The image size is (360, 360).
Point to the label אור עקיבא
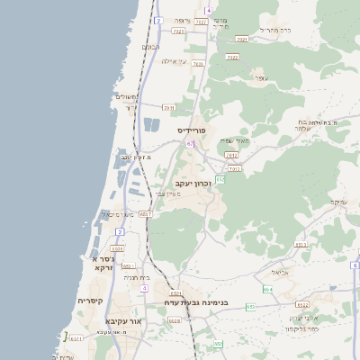coord(123,320)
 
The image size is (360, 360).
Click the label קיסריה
coord(90,301)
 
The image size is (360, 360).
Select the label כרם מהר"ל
coord(274,30)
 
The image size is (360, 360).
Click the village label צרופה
coord(182,20)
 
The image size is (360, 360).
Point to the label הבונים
coord(150,47)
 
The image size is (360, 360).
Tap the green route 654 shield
coord(267,289)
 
